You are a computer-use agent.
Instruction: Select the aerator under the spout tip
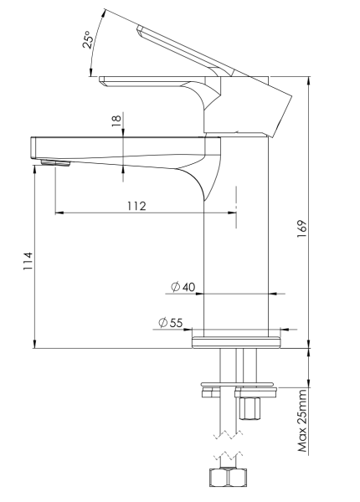point(54,161)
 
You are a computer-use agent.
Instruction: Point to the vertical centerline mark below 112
point(237,207)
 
